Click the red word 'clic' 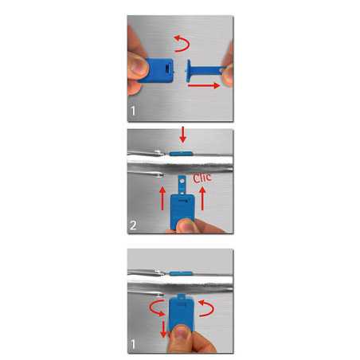click(202, 178)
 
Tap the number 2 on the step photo click(133, 225)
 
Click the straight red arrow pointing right click(204, 85)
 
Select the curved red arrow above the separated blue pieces click(182, 44)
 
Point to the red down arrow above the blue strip click(182, 135)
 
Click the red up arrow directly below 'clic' click(202, 198)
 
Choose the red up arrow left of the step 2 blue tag click(162, 198)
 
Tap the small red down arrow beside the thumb click(163, 329)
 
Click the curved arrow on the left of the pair click(157, 308)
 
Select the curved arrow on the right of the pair click(206, 308)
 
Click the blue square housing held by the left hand click(157, 70)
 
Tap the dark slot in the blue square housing click(167, 69)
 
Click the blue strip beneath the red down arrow click(181, 153)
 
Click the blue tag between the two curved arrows click(182, 313)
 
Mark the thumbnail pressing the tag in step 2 click(187, 225)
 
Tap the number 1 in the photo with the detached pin click(133, 111)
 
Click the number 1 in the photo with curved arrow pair click(133, 345)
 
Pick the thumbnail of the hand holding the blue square click(139, 65)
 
